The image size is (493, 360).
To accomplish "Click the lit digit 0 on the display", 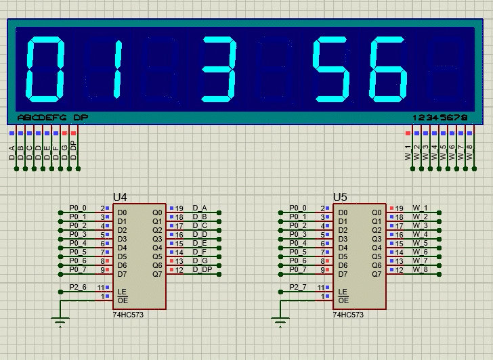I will [45, 68].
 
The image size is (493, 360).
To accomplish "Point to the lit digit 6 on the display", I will [391, 68].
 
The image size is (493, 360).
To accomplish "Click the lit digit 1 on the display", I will [116, 68].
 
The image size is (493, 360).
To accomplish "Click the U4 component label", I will [120, 197].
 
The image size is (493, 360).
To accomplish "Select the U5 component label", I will [340, 197].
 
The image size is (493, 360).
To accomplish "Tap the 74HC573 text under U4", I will [128, 315].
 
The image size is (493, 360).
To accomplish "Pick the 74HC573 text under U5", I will [348, 315].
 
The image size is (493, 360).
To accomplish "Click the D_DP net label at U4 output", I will [202, 270].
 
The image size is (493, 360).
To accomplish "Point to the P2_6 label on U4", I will [78, 287].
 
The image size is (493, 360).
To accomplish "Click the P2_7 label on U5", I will [298, 287].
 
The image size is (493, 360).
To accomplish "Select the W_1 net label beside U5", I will [421, 208].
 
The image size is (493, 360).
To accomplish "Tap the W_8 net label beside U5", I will [421, 270].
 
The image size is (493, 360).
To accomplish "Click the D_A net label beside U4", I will [200, 208].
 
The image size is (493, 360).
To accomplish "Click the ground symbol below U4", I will [61, 320].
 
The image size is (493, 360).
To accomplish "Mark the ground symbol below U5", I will [281, 320].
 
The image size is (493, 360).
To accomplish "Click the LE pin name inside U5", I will [343, 291].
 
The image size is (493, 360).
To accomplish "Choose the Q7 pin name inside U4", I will [157, 274].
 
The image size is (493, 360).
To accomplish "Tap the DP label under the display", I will [81, 118].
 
